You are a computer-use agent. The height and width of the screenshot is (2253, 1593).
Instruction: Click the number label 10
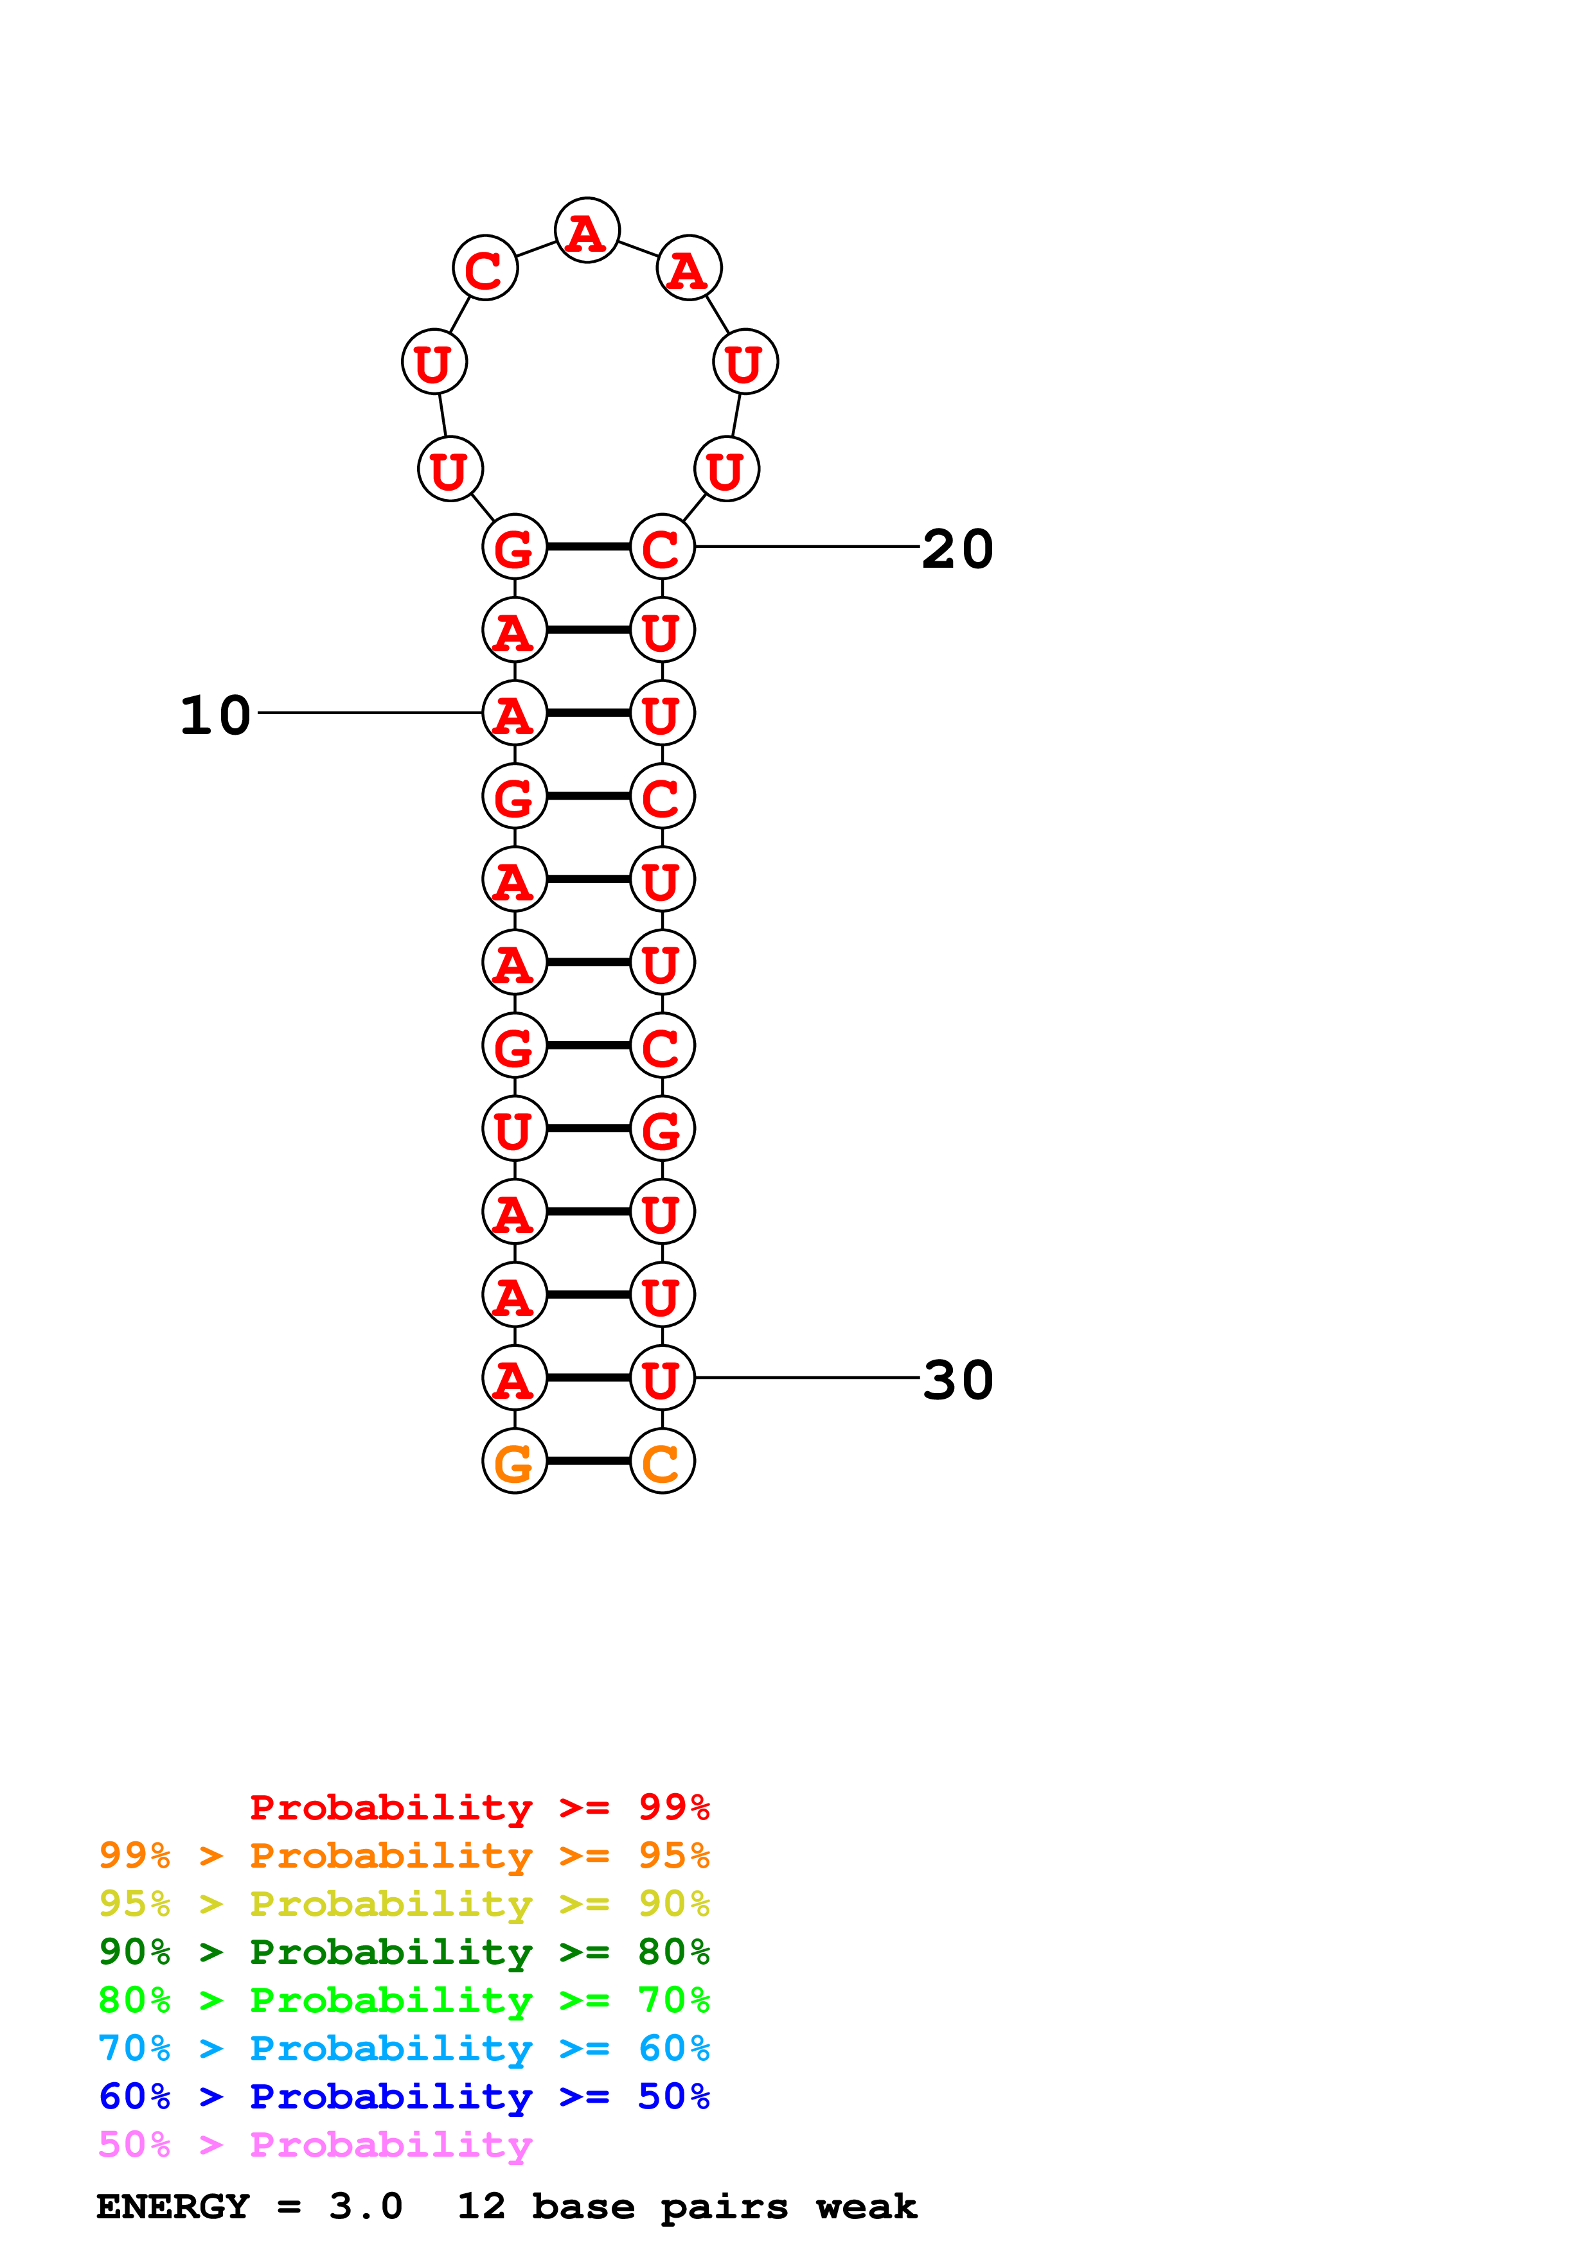(x=215, y=715)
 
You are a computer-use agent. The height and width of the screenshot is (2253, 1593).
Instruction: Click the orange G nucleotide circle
(x=514, y=1461)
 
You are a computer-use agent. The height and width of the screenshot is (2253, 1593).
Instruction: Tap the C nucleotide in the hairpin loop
(x=485, y=268)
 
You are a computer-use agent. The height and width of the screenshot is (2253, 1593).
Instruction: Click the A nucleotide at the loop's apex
(x=587, y=231)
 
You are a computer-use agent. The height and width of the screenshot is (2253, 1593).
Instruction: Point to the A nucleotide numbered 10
(x=514, y=712)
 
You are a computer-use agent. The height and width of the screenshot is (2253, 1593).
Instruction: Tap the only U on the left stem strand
(x=514, y=1128)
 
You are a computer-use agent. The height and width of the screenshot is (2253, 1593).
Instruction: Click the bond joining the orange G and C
(x=588, y=1461)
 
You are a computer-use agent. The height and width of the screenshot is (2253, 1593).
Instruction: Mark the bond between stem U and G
(x=588, y=1128)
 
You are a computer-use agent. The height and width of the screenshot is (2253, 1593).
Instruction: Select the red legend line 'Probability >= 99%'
(x=479, y=1807)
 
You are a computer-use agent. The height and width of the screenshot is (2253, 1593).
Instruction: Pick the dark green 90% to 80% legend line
(x=404, y=1952)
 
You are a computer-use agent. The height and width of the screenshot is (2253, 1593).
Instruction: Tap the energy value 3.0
(x=365, y=2206)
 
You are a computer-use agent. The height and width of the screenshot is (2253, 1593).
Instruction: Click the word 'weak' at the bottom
(x=866, y=2206)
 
